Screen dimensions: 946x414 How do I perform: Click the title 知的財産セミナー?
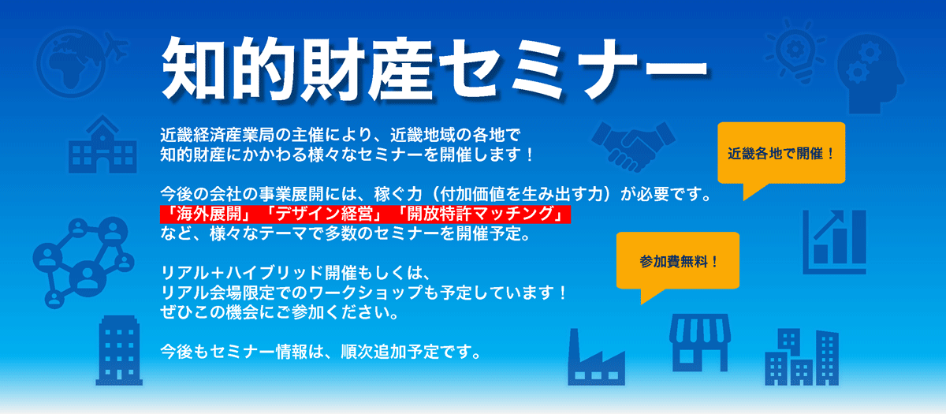click(434, 69)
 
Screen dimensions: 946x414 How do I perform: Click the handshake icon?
click(633, 147)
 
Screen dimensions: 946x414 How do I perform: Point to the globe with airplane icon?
click(80, 62)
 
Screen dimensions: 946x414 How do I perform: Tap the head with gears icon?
click(871, 74)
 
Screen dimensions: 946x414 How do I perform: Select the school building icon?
click(102, 144)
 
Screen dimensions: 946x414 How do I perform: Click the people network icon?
click(84, 262)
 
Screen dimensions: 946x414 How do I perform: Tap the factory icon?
click(596, 357)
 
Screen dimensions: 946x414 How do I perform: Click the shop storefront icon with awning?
click(700, 342)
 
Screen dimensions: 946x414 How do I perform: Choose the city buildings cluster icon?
click(802, 357)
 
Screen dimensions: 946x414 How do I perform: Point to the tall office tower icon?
click(119, 350)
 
